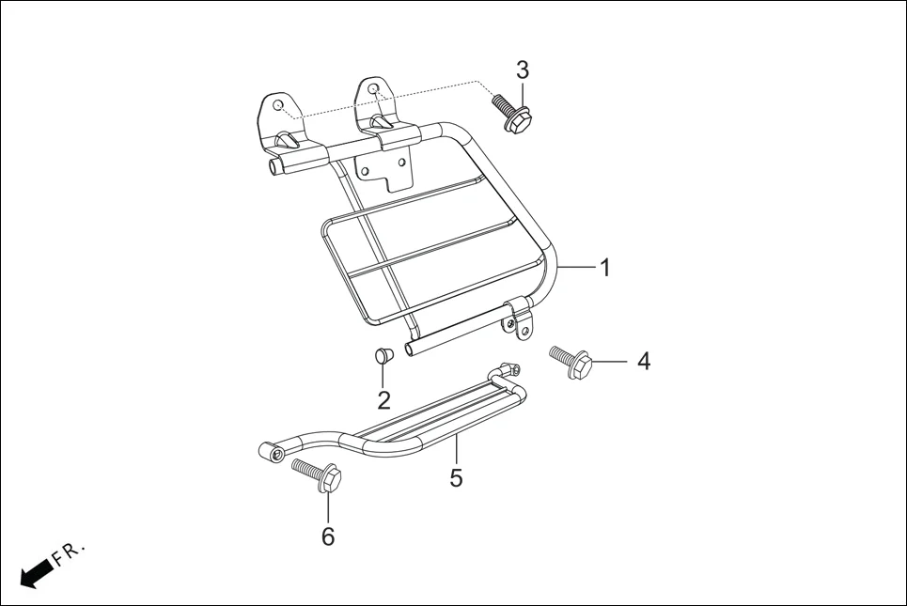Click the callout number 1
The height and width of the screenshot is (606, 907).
pyautogui.click(x=605, y=268)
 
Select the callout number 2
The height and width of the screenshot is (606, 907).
pyautogui.click(x=383, y=400)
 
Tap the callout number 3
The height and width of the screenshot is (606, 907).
pyautogui.click(x=523, y=70)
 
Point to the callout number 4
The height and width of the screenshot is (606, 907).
pyautogui.click(x=644, y=361)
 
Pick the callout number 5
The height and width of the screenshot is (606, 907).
pyautogui.click(x=456, y=478)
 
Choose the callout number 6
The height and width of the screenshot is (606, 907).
pyautogui.click(x=327, y=536)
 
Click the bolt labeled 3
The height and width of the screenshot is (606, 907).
pyautogui.click(x=509, y=113)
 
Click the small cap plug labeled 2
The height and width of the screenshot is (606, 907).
pyautogui.click(x=383, y=356)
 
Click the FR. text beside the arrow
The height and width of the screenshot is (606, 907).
pyautogui.click(x=70, y=553)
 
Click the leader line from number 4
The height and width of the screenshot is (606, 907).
pyautogui.click(x=613, y=362)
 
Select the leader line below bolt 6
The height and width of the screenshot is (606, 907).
pyautogui.click(x=328, y=507)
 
